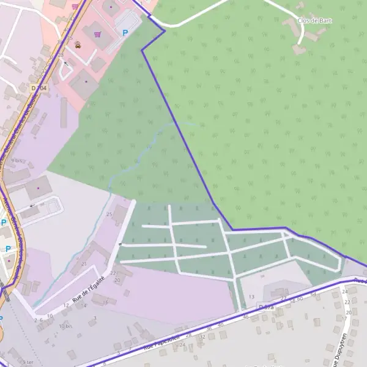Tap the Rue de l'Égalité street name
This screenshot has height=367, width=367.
87,289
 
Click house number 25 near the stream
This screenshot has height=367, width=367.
109,214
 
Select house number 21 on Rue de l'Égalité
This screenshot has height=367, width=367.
84,264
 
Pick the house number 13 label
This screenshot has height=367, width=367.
251,297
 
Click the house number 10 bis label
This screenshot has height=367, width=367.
65,326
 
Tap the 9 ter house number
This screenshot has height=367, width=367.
28,362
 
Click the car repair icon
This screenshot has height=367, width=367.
78,44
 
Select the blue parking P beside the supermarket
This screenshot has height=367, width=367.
125,33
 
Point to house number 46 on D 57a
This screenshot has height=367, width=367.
246,316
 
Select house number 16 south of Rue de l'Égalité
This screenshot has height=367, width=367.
106,302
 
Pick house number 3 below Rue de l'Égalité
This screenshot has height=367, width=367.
95,318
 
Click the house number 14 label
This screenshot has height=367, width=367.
84,305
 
